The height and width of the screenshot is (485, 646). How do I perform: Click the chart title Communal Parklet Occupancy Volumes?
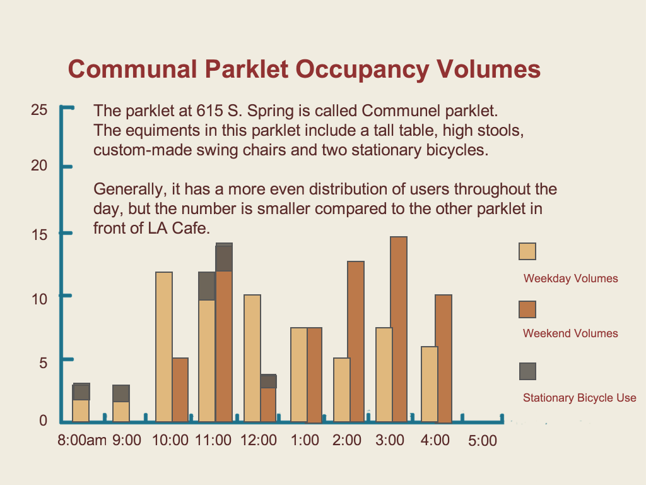point(304,69)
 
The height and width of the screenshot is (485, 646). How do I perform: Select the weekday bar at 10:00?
point(164,347)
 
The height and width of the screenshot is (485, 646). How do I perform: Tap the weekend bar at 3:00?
point(399,329)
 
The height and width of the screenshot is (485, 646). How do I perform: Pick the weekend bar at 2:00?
point(355,342)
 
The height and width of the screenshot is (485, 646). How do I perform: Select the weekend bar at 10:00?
point(180,390)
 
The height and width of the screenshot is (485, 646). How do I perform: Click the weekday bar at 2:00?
point(342,390)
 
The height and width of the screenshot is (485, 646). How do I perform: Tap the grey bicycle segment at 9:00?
point(121,393)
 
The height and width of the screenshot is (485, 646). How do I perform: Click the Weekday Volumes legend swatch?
point(527,251)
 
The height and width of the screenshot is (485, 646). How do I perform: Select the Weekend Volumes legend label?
point(570,333)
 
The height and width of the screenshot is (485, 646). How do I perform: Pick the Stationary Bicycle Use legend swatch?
point(527,371)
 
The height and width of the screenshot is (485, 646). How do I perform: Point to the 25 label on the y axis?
point(39,110)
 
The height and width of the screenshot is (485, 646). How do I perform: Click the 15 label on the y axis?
point(39,235)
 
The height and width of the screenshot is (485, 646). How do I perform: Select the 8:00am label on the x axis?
point(82,440)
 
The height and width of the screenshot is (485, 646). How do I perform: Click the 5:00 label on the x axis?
point(483,441)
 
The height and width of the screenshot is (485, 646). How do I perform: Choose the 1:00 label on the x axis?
point(305,440)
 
